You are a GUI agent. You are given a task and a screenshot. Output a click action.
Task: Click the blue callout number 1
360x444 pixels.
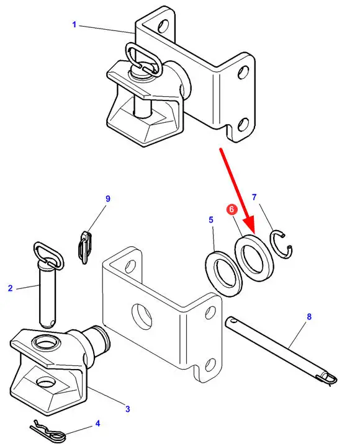(74, 25)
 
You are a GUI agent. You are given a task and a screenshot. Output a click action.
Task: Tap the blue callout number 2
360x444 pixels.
(11, 288)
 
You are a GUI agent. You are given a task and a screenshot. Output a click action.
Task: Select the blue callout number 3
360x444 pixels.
(128, 409)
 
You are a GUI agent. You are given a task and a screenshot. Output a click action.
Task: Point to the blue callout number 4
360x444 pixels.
(98, 424)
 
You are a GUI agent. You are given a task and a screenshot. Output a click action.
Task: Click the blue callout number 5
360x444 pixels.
(211, 220)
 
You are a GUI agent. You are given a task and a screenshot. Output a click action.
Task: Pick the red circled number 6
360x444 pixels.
(232, 209)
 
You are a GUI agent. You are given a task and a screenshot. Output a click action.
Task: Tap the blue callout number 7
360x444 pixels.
(254, 197)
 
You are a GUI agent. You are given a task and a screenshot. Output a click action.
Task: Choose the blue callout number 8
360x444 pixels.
(309, 317)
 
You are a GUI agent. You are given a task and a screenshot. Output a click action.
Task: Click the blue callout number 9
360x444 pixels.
(108, 199)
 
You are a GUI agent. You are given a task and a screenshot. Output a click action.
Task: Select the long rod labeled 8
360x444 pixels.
(281, 351)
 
